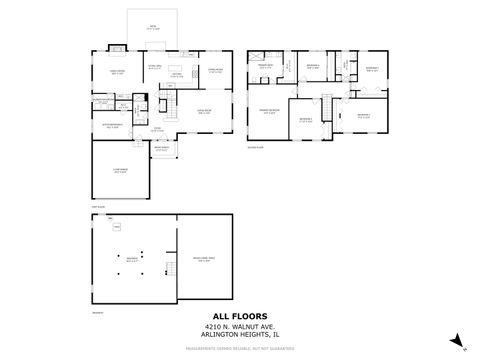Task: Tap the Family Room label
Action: (x=117, y=72)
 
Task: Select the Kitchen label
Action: (x=175, y=74)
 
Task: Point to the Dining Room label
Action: (x=215, y=70)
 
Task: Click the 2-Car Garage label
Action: (x=120, y=171)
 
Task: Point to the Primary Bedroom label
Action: (x=268, y=112)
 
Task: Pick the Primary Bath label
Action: (x=266, y=67)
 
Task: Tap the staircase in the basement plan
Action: (x=117, y=229)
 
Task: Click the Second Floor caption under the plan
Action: (x=255, y=147)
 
